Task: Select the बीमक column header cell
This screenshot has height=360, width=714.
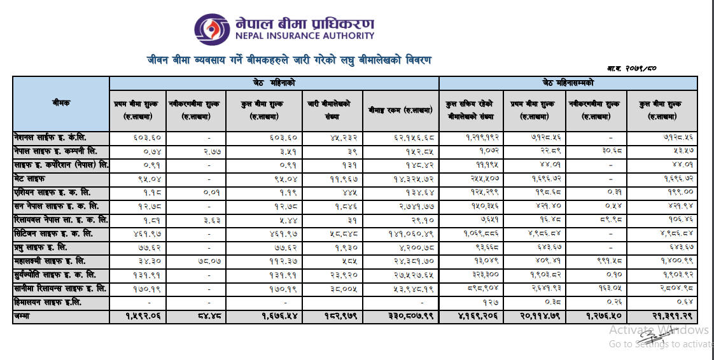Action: pos(61,103)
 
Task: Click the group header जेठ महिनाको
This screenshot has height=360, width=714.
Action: pos(274,83)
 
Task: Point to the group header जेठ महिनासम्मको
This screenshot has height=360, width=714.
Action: pos(568,83)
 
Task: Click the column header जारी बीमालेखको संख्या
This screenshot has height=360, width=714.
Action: pos(333,109)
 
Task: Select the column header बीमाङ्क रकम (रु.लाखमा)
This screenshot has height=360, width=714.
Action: pos(400,109)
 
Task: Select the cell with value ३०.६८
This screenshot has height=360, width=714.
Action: pos(598,151)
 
